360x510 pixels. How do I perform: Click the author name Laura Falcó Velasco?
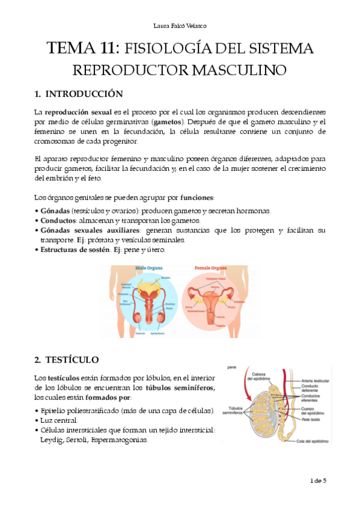[180, 25]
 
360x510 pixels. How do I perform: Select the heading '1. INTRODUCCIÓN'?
[79, 94]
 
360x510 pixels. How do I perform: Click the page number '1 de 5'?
[319, 481]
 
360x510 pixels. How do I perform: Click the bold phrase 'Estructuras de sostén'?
[75, 249]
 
